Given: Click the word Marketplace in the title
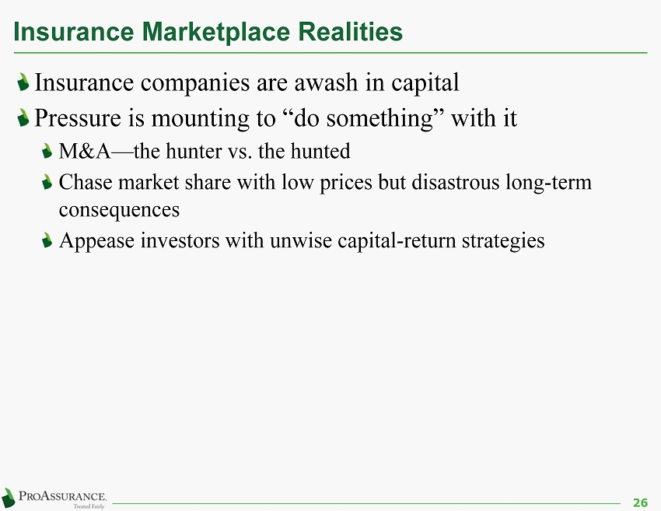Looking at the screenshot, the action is (x=216, y=32).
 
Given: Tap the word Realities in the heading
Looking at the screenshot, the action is (x=350, y=31).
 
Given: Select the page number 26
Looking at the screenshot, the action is (x=640, y=502).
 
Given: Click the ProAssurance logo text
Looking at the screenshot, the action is (x=62, y=495).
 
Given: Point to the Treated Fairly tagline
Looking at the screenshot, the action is (x=89, y=506).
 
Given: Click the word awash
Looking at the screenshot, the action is (x=326, y=82).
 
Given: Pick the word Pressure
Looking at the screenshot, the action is (x=78, y=117).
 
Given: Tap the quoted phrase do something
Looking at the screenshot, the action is (x=363, y=118).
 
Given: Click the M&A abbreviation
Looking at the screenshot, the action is (x=85, y=151).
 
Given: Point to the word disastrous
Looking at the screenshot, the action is (x=455, y=182).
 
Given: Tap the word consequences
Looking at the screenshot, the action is (x=119, y=210).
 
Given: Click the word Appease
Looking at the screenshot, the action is (x=96, y=241).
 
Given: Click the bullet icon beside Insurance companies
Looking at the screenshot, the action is (x=23, y=82).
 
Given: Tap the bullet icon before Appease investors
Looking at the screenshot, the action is (x=47, y=240).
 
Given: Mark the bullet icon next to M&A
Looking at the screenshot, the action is (x=47, y=151).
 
